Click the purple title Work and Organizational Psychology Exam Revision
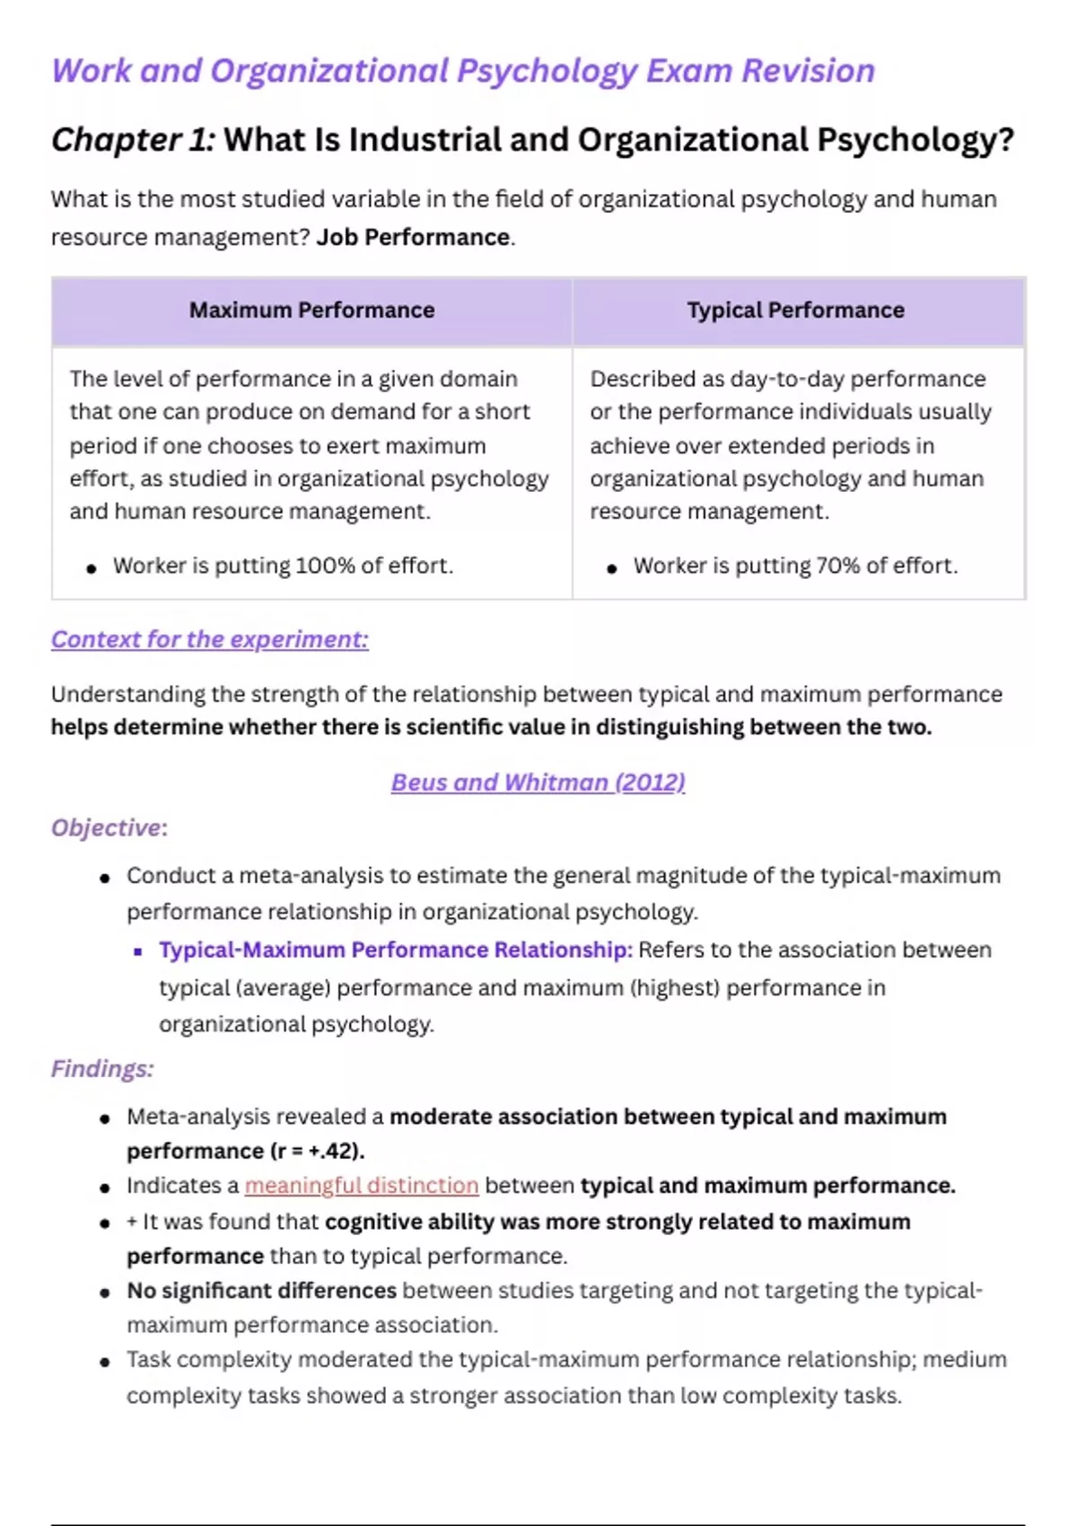pos(462,71)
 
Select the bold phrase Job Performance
pos(414,237)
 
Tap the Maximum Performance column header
pos(311,311)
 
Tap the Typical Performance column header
pos(795,311)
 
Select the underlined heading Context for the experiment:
pos(209,639)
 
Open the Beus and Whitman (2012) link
pos(538,783)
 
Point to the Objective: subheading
pos(109,828)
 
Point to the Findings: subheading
pos(101,1069)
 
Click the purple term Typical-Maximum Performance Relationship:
pos(396,951)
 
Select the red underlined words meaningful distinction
pos(361,1186)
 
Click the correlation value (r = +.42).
pos(318,1152)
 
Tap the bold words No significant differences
pos(261,1291)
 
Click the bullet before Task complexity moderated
pos(105,1362)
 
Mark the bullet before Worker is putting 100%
pos(91,568)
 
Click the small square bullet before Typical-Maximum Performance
pos(137,952)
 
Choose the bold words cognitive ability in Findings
pos(409,1222)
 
